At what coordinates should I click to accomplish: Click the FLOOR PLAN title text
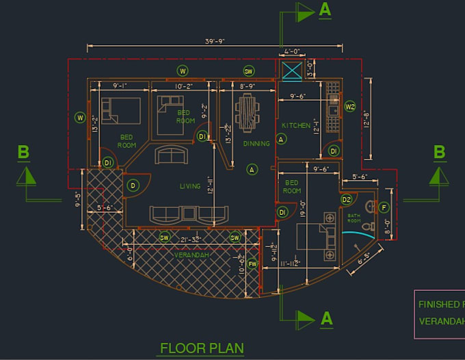pyautogui.click(x=201, y=348)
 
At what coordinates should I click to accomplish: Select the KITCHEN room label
pyautogui.click(x=296, y=125)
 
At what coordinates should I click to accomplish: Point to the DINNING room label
pyautogui.click(x=256, y=144)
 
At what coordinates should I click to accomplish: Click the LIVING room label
pyautogui.click(x=189, y=185)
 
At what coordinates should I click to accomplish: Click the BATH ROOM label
pyautogui.click(x=354, y=218)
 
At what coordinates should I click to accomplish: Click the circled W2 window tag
pyautogui.click(x=349, y=107)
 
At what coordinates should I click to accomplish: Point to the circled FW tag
pyautogui.click(x=252, y=263)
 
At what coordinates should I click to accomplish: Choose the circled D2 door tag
pyautogui.click(x=346, y=200)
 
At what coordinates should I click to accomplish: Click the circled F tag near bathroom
pyautogui.click(x=384, y=207)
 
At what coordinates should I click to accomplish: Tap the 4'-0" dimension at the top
pyautogui.click(x=292, y=51)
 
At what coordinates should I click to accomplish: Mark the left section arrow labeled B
pyautogui.click(x=28, y=176)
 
